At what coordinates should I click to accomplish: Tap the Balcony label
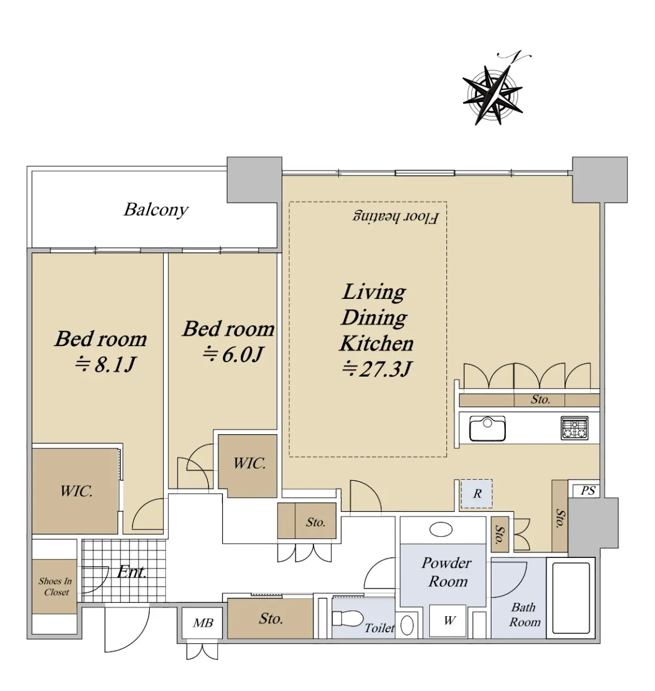[x=156, y=210]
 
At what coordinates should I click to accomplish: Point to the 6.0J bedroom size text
[x=233, y=354]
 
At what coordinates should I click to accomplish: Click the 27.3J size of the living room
[x=376, y=369]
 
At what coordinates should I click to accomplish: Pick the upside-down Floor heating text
[x=396, y=217]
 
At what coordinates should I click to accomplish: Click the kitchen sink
[x=487, y=428]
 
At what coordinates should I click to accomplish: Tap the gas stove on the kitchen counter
[x=574, y=428]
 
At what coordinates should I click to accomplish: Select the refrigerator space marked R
[x=476, y=493]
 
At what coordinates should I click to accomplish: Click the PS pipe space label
[x=588, y=490]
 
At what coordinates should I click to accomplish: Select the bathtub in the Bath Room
[x=570, y=598]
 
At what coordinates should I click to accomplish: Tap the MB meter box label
[x=203, y=623]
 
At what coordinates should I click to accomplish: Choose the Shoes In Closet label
[x=55, y=587]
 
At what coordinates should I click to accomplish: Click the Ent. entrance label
[x=131, y=572]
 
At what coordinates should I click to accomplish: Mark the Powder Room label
[x=447, y=572]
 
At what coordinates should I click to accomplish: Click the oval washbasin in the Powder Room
[x=441, y=529]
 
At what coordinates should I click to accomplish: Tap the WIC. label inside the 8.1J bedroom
[x=77, y=491]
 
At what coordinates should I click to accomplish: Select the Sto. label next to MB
[x=271, y=618]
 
